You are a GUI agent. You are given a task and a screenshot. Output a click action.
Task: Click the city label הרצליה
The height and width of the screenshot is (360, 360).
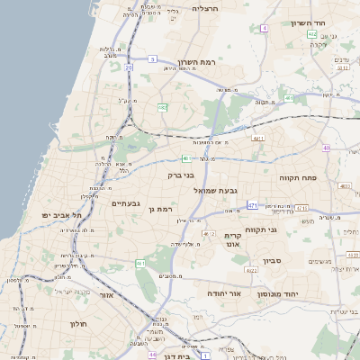206,7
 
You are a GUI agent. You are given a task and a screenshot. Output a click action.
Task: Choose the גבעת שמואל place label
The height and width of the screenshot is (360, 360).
242,190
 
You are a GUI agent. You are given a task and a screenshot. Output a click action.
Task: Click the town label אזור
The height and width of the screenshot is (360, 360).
108,295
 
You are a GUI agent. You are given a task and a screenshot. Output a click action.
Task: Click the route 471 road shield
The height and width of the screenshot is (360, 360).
253,205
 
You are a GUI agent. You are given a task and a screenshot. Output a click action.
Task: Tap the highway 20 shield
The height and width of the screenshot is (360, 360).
130,67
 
